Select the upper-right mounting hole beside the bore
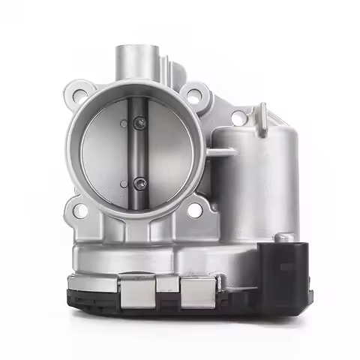(195, 95)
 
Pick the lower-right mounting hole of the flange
(194, 211)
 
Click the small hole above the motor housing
(237, 118)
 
